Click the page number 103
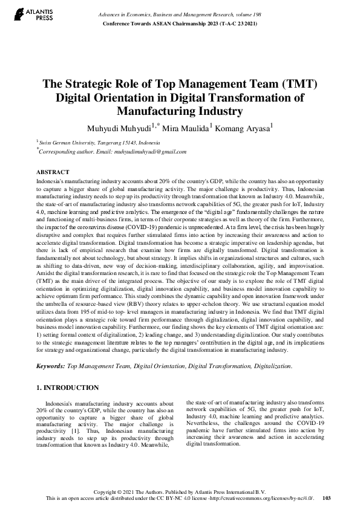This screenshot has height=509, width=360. pyautogui.click(x=327, y=498)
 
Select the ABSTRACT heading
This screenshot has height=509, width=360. pyautogui.click(x=53, y=172)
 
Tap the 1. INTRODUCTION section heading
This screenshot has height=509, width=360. pyautogui.click(x=68, y=387)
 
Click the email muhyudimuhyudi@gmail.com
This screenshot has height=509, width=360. pyautogui.click(x=140, y=152)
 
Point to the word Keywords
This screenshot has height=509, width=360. pyautogui.click(x=50, y=366)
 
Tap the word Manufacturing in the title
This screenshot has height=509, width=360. pyautogui.click(x=158, y=111)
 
